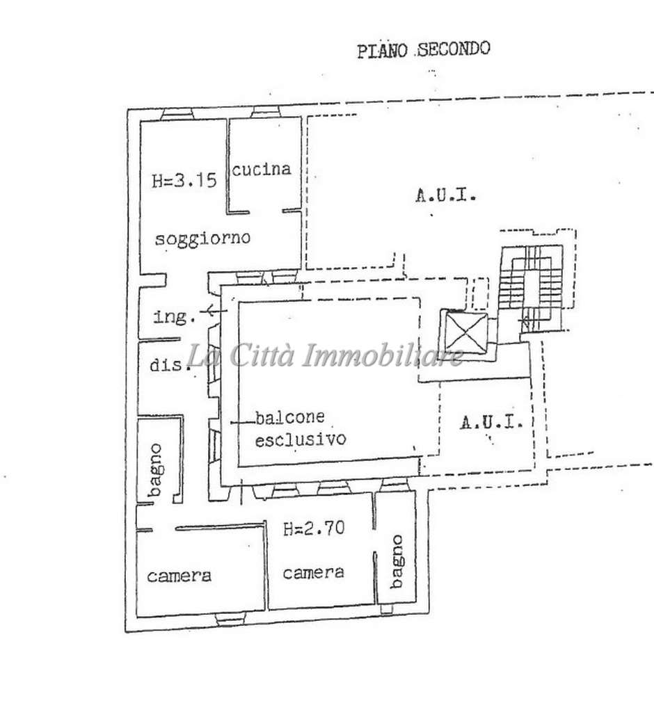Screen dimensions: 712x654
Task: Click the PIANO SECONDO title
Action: pos(423,50)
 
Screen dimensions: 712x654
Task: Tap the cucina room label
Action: pos(261,169)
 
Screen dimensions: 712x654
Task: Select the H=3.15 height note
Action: pos(184,181)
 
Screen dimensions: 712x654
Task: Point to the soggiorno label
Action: pos(202,238)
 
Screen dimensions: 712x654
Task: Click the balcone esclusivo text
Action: pos(299,429)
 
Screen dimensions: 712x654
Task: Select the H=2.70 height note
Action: pos(313,529)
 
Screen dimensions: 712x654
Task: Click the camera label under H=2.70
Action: pos(313,572)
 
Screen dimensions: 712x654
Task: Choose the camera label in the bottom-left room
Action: pos(179,576)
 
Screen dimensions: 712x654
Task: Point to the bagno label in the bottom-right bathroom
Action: pos(397,561)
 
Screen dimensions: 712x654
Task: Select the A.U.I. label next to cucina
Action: pos(446,196)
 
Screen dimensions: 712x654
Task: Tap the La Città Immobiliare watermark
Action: pos(326,356)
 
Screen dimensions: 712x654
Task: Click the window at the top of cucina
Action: pos(265,111)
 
